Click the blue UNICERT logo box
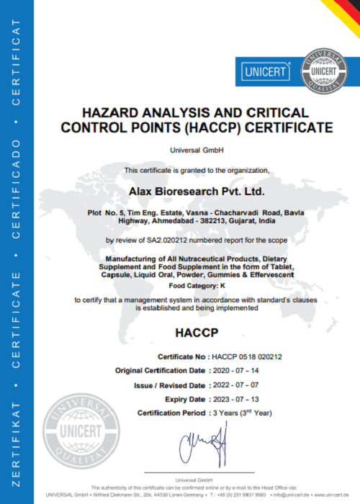point(264,72)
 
